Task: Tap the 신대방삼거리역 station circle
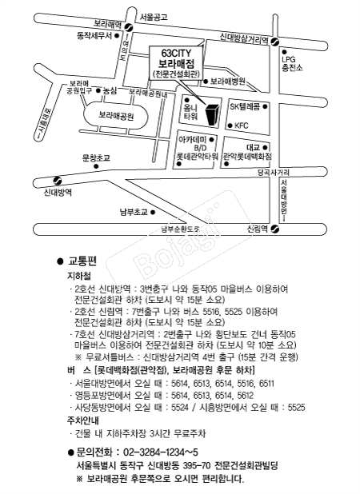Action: point(274,42)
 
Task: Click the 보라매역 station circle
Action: point(118,34)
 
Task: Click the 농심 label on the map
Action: point(110,91)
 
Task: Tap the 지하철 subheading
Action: point(78,275)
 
